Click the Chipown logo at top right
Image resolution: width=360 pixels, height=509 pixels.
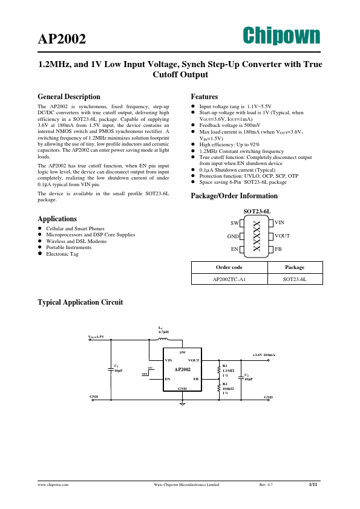coord(281,35)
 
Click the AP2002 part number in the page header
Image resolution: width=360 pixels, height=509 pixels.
coord(62,40)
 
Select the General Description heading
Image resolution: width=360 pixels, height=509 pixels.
coord(69,97)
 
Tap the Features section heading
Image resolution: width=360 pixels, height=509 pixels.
coord(205,97)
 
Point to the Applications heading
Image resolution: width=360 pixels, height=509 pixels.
coord(57,219)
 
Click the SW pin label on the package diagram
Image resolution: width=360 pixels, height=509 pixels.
coord(235,223)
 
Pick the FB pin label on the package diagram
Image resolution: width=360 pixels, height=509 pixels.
coord(278,248)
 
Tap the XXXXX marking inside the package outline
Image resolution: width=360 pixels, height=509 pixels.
coord(257,236)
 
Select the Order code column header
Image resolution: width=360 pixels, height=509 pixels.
coord(229,267)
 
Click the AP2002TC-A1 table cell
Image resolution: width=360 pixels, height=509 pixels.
coord(229,279)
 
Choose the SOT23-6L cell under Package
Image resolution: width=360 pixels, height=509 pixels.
coord(295,279)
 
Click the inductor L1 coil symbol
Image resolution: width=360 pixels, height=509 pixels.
coord(163,339)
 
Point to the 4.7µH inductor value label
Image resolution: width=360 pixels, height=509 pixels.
coord(163,332)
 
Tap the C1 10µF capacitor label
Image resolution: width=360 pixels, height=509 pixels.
coord(118,368)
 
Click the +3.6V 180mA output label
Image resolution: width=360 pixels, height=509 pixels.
coord(263,355)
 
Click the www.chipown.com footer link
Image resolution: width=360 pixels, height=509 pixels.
coord(53,485)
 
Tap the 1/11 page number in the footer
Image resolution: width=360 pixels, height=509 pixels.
coord(313,484)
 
